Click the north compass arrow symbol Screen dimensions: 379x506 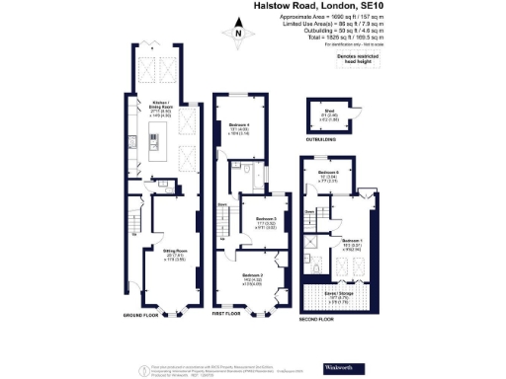coord(239,37)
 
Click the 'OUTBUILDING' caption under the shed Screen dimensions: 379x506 coord(321,140)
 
